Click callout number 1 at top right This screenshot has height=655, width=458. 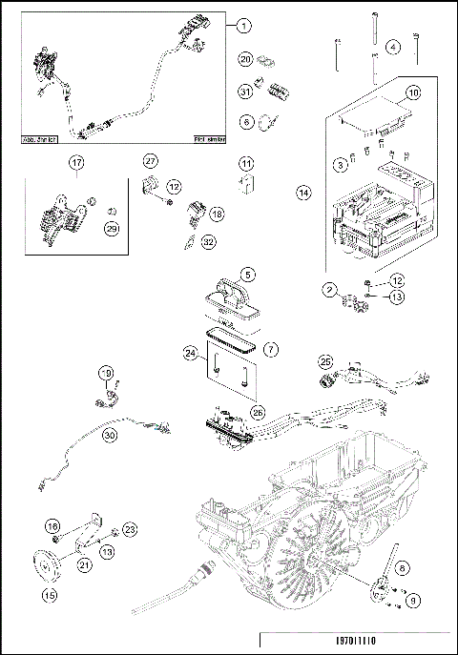tap(243, 26)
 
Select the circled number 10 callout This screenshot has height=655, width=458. tap(413, 93)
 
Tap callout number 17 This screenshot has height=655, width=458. tap(75, 163)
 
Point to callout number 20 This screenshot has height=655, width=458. tap(245, 59)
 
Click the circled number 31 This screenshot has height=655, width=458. tap(245, 91)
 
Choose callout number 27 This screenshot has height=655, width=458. tap(150, 159)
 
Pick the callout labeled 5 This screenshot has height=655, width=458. tap(247, 275)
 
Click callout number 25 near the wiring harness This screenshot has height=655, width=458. tap(325, 362)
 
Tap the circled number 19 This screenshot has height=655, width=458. tap(107, 373)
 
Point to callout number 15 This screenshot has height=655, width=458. tap(48, 596)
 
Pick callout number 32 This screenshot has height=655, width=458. tap(208, 241)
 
